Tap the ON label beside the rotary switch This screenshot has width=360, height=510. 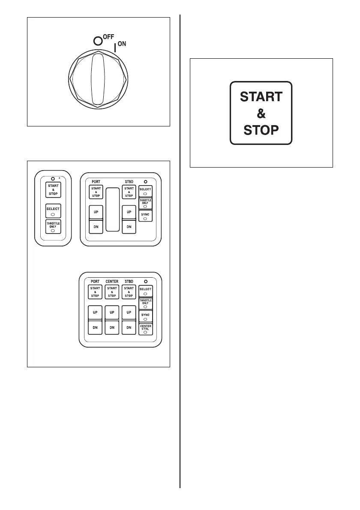122,44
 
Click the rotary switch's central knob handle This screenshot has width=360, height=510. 98,82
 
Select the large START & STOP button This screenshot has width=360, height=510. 261,113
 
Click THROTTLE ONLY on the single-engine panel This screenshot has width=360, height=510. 53,226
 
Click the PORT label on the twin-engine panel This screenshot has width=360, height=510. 95,182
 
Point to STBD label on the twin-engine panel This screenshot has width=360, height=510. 129,182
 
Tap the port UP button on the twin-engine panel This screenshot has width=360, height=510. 95,212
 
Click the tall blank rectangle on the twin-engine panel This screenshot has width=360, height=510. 112,210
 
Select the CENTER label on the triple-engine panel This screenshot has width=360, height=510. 112,281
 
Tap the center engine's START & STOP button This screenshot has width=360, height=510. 112,292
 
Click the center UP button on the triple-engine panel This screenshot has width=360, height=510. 112,312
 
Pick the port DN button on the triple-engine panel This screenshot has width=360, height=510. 95,328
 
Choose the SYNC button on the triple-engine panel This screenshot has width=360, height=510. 145,316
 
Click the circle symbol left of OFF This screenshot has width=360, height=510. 98,41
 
